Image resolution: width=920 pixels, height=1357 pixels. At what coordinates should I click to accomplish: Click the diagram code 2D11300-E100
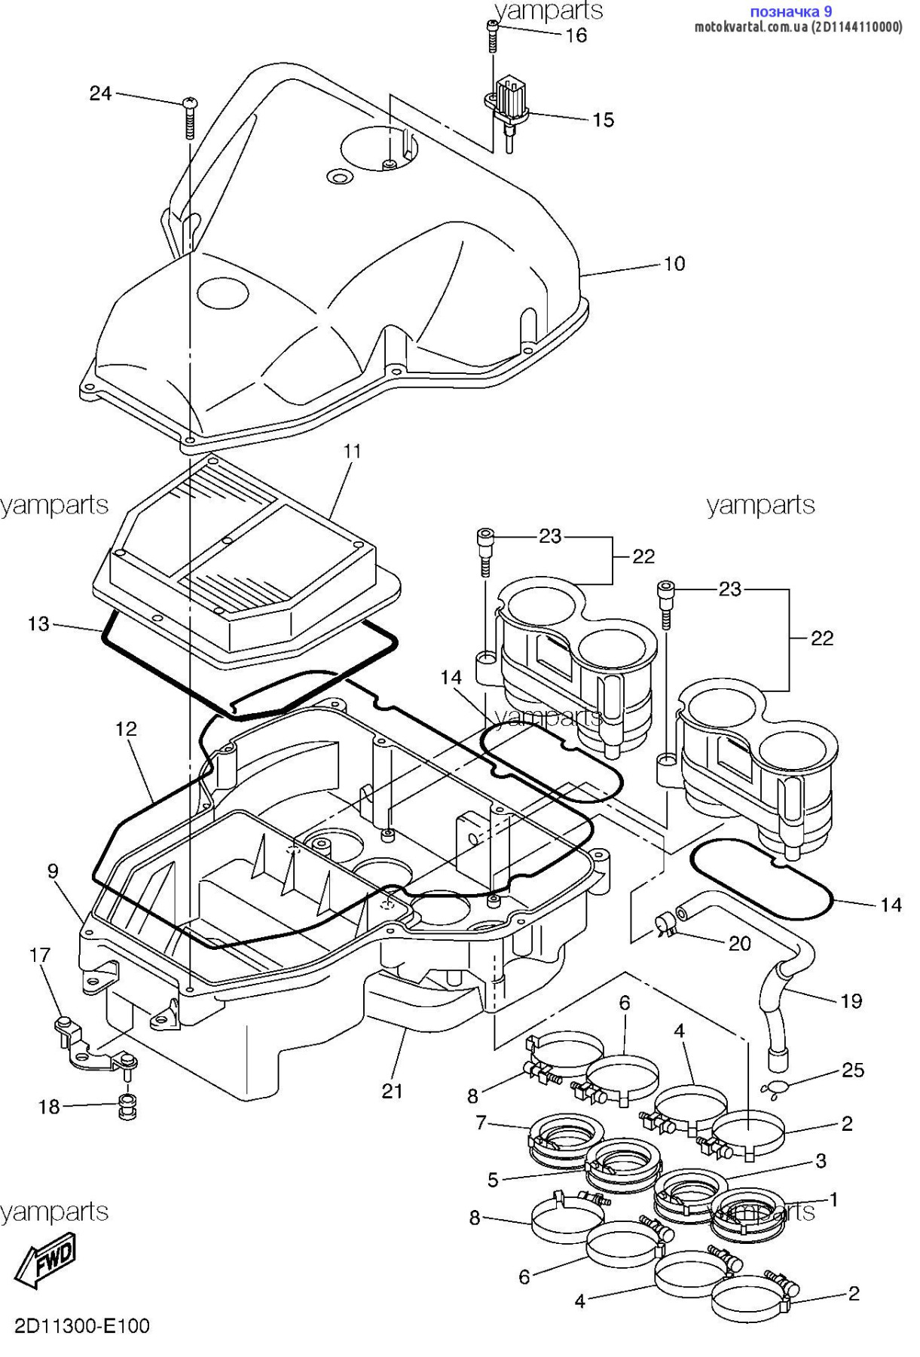[82, 1325]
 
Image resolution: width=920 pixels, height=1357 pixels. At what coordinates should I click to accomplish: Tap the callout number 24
[100, 93]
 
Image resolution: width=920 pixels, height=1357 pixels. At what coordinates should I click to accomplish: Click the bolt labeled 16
[492, 35]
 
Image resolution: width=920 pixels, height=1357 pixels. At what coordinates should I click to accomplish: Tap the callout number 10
[674, 264]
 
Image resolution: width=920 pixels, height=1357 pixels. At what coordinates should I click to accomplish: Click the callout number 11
[352, 452]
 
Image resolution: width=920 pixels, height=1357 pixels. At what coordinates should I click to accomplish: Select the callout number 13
[38, 624]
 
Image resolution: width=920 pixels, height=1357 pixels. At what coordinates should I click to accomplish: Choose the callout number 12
[126, 729]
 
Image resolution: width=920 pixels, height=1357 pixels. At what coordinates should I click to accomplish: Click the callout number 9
[53, 871]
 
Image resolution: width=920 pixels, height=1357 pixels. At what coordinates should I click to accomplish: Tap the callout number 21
[392, 1091]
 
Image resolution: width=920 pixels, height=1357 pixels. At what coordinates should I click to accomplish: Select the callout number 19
[851, 1001]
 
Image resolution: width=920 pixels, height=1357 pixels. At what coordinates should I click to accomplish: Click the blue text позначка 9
[790, 11]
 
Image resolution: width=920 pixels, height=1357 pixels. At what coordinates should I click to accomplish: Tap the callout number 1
[833, 1199]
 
